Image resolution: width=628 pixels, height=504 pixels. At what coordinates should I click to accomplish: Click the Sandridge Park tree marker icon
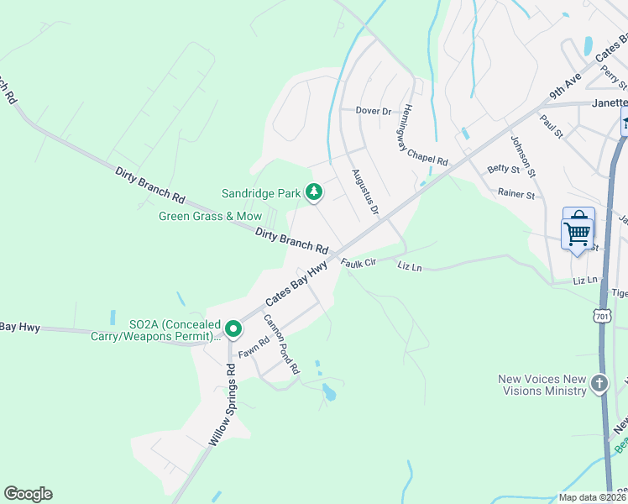[314, 193]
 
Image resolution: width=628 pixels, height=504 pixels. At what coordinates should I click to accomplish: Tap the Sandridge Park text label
[260, 193]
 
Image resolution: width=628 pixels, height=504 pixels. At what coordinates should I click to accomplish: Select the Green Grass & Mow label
[211, 216]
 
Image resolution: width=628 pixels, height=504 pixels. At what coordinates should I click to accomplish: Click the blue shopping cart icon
[578, 228]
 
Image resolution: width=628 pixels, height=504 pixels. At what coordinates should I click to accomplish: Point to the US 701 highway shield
[600, 316]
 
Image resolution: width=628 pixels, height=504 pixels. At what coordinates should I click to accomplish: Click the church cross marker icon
[599, 384]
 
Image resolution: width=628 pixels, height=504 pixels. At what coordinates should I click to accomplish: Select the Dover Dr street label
[374, 111]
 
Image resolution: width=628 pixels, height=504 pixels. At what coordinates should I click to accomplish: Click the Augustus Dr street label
[364, 191]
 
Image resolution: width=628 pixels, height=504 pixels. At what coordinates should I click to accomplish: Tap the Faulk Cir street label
[356, 263]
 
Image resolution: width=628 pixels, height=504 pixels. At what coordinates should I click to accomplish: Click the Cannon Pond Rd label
[281, 344]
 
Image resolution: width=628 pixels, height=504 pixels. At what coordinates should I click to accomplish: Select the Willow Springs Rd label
[221, 404]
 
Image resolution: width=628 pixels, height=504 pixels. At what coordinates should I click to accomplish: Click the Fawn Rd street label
[251, 344]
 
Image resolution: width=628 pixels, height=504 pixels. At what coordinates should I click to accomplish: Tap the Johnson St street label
[522, 157]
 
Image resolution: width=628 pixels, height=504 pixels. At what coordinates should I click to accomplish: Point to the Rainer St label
[515, 195]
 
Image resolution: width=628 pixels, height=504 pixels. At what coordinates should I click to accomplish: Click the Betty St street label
[504, 169]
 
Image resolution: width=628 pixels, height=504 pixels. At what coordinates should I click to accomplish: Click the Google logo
[28, 494]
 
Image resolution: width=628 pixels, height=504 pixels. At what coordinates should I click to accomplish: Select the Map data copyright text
[591, 497]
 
